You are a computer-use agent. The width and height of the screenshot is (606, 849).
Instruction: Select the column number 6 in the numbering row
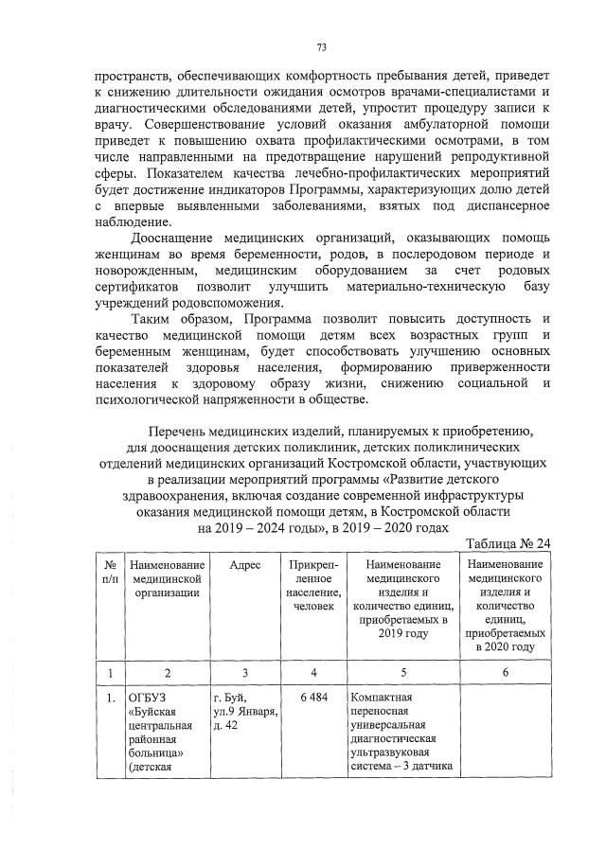point(505,672)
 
